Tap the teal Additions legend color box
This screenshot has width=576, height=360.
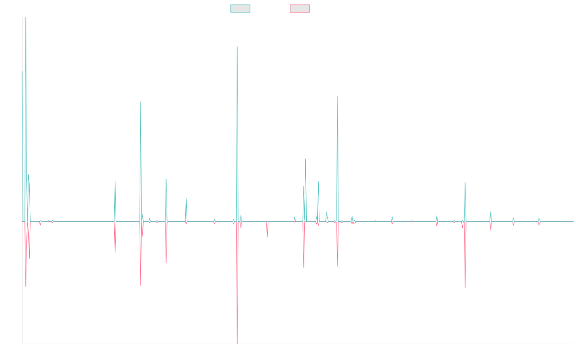pos(240,9)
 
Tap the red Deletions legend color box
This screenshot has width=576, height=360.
pos(300,9)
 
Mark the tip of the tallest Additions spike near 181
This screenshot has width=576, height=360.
pos(25,18)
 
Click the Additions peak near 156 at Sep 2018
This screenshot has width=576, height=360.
pos(237,47)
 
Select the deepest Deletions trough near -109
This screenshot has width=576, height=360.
pos(237,344)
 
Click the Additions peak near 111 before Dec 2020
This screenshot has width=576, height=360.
pos(337,96)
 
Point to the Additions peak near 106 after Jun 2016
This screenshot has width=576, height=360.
pos(141,102)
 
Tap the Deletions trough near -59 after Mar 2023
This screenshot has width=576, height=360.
pos(465,287)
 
